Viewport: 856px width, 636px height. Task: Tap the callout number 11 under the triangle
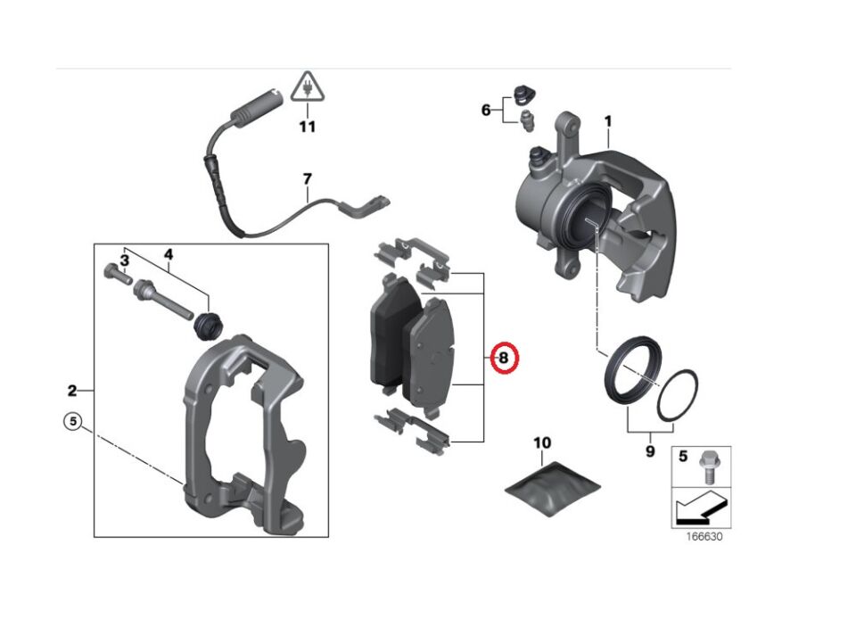pyautogui.click(x=307, y=127)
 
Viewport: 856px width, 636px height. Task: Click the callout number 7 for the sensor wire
pyautogui.click(x=307, y=178)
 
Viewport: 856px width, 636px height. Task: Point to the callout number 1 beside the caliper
pyautogui.click(x=608, y=120)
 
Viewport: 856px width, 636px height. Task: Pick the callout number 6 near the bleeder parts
pyautogui.click(x=486, y=111)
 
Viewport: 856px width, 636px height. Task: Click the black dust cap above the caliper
pyautogui.click(x=523, y=93)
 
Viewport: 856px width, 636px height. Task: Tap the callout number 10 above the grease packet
pyautogui.click(x=542, y=442)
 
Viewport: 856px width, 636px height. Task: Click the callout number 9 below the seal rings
pyautogui.click(x=650, y=451)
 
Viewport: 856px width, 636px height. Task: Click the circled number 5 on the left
pyautogui.click(x=72, y=421)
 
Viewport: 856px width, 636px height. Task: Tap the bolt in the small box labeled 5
pyautogui.click(x=710, y=465)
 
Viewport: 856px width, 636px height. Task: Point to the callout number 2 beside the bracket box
pyautogui.click(x=72, y=390)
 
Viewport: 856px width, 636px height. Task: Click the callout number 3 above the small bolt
pyautogui.click(x=125, y=260)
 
